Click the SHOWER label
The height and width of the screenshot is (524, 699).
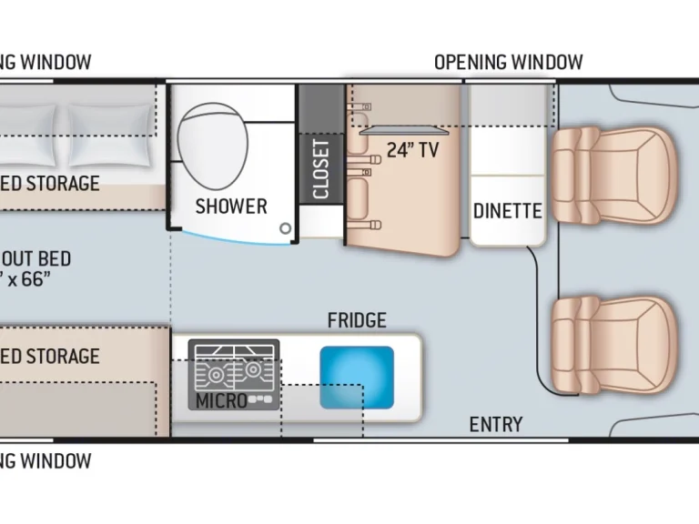231,207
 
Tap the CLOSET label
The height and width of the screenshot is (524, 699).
321,168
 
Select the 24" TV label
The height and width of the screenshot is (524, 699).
412,151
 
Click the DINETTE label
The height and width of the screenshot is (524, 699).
507,211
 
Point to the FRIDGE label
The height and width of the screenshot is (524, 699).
357,320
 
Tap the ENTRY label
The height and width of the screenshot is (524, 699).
495,424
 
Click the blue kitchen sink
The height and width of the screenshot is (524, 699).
357,376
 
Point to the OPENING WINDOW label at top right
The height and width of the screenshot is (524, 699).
508,62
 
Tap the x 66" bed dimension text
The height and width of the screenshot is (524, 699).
36,279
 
